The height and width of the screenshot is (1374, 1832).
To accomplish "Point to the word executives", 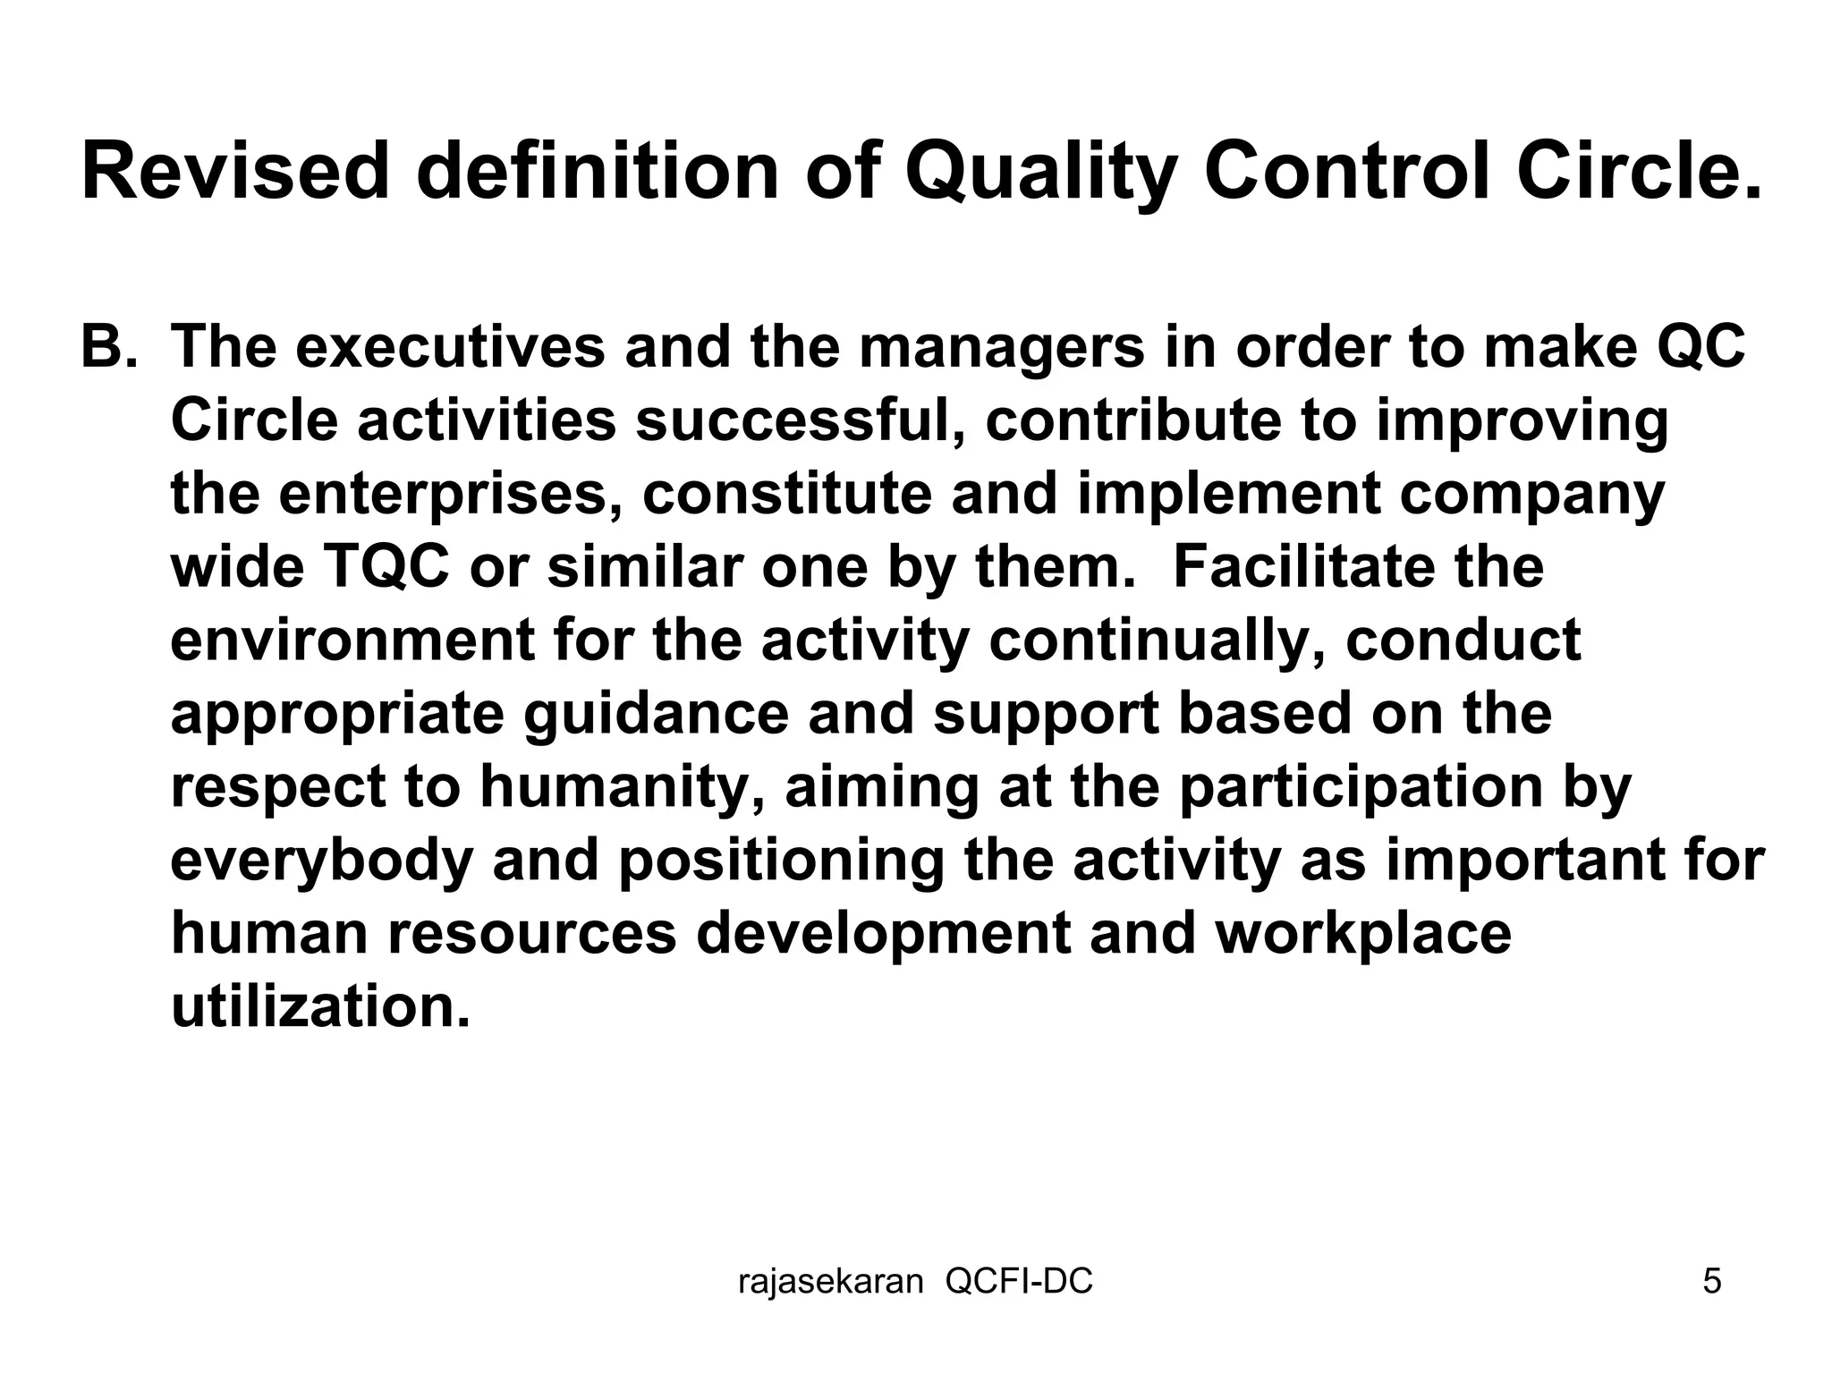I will point(450,347).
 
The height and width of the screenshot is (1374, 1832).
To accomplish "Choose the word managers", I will point(1002,347).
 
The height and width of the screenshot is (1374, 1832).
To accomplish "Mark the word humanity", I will point(622,787).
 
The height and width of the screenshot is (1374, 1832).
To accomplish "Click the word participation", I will point(1360,787).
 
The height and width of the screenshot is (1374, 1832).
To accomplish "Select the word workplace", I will point(1363,934).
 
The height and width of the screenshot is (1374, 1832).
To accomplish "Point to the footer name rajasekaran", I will point(830,1282).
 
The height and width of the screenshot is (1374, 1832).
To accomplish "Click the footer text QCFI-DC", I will point(1019,1282).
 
